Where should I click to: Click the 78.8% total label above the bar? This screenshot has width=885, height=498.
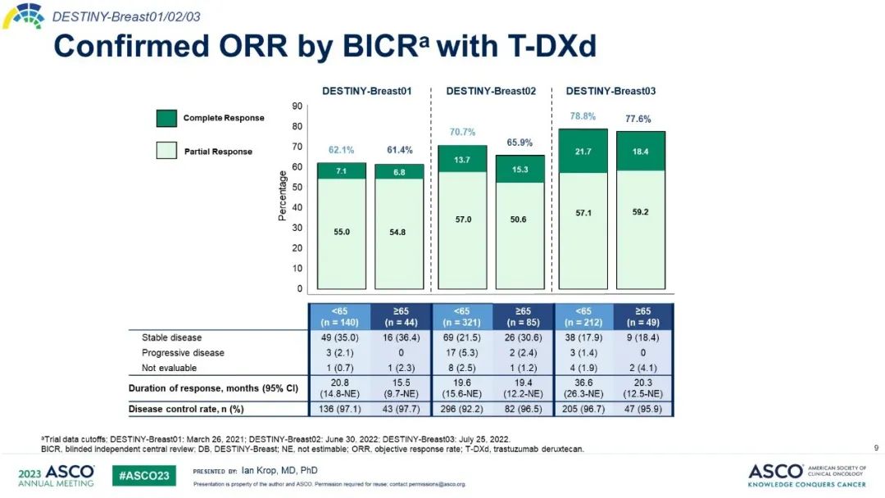coord(583,116)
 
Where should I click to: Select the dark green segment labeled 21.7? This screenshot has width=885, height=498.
coord(583,152)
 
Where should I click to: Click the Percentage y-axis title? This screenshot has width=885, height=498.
coord(284,196)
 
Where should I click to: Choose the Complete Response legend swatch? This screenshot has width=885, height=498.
coord(166,118)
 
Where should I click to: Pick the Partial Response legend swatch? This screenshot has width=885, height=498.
coord(166,151)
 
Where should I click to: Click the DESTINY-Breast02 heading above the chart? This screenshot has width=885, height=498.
coord(491,91)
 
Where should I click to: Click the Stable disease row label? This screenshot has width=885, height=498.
coord(171,337)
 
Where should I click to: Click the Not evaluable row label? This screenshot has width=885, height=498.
coord(169,369)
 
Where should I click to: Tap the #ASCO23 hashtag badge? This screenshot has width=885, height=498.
coord(144,476)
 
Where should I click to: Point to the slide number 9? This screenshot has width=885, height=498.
coord(876,447)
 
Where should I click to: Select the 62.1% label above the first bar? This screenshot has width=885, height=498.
coord(341,150)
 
